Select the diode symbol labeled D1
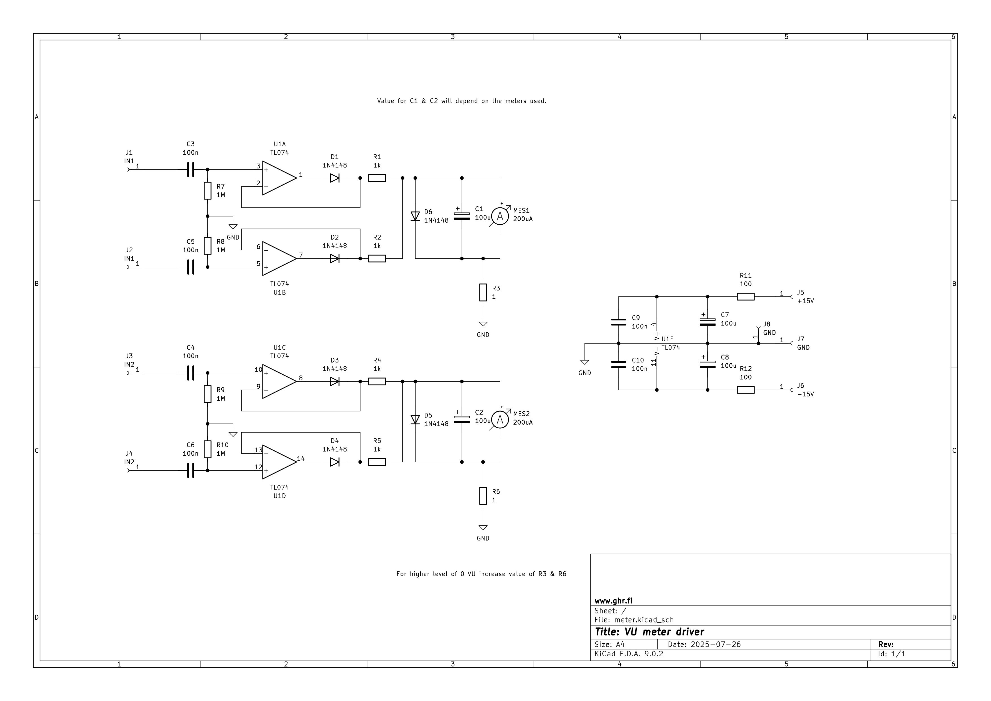(334, 178)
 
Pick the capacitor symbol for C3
(190, 170)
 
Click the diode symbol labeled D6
(415, 216)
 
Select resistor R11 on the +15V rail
(746, 297)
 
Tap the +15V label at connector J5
(805, 301)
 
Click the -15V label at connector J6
(805, 394)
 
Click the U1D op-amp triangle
(278, 462)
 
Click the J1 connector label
(129, 153)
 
